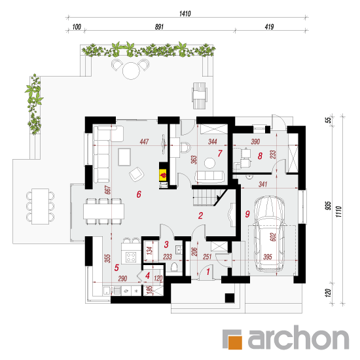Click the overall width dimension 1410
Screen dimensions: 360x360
pyautogui.click(x=185, y=14)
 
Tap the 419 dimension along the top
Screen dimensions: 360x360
pyautogui.click(x=269, y=27)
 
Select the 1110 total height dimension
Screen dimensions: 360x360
pyautogui.click(x=338, y=211)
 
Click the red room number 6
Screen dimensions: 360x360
pyautogui.click(x=139, y=194)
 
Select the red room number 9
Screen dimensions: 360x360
pyautogui.click(x=247, y=214)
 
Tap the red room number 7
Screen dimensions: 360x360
pyautogui.click(x=220, y=153)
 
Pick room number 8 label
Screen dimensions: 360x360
pyautogui.click(x=260, y=156)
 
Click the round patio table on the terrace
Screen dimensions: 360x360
pyautogui.click(x=131, y=71)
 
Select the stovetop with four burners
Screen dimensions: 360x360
pyautogui.click(x=131, y=257)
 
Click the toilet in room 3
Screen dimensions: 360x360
pyautogui.click(x=174, y=268)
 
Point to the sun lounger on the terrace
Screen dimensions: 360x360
pyautogui.click(x=199, y=96)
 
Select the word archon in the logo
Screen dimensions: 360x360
pyautogui.click(x=298, y=338)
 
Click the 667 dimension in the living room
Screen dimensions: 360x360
pyautogui.click(x=108, y=190)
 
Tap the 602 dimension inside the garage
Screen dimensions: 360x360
pyautogui.click(x=273, y=237)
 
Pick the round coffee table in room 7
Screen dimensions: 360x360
pyautogui.click(x=209, y=163)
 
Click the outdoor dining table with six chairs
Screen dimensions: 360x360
pyautogui.click(x=40, y=206)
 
